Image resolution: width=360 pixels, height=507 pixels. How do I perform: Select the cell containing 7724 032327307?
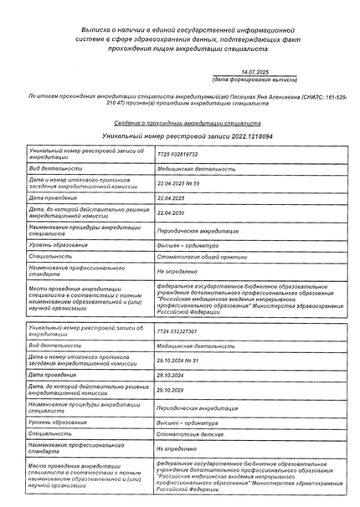click(177, 331)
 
